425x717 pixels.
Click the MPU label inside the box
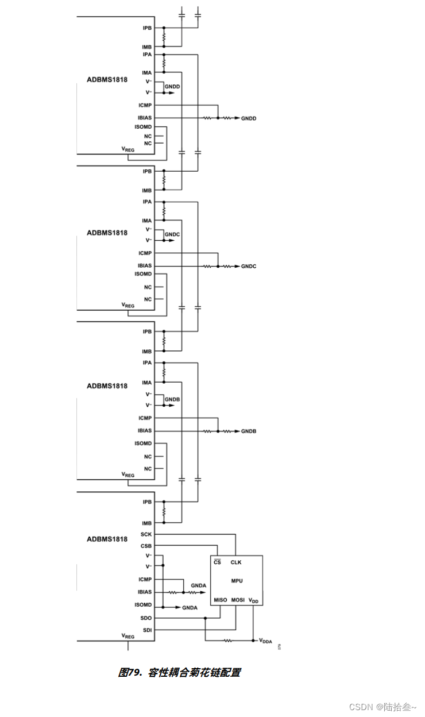click(x=237, y=581)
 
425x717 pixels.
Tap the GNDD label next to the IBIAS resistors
click(x=249, y=118)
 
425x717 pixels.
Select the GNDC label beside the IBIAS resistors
click(x=249, y=267)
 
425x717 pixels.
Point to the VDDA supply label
click(x=265, y=641)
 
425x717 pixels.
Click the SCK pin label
click(x=146, y=534)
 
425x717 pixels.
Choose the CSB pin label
click(x=146, y=546)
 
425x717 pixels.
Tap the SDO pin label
click(x=146, y=618)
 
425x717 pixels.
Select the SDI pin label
click(x=147, y=630)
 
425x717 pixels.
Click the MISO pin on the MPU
click(x=221, y=600)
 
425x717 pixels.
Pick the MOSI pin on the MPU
click(x=238, y=600)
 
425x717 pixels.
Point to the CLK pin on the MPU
click(x=236, y=562)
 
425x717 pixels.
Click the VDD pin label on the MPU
click(x=253, y=600)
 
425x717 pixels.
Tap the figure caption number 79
click(x=133, y=672)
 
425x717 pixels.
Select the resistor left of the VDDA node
click(x=228, y=640)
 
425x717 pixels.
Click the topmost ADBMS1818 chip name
click(x=107, y=80)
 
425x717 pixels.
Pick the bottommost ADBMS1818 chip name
click(x=107, y=539)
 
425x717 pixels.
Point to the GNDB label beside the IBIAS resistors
click(x=249, y=431)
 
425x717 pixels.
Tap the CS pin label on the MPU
click(x=217, y=562)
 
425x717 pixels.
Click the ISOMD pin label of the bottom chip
click(x=143, y=605)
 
